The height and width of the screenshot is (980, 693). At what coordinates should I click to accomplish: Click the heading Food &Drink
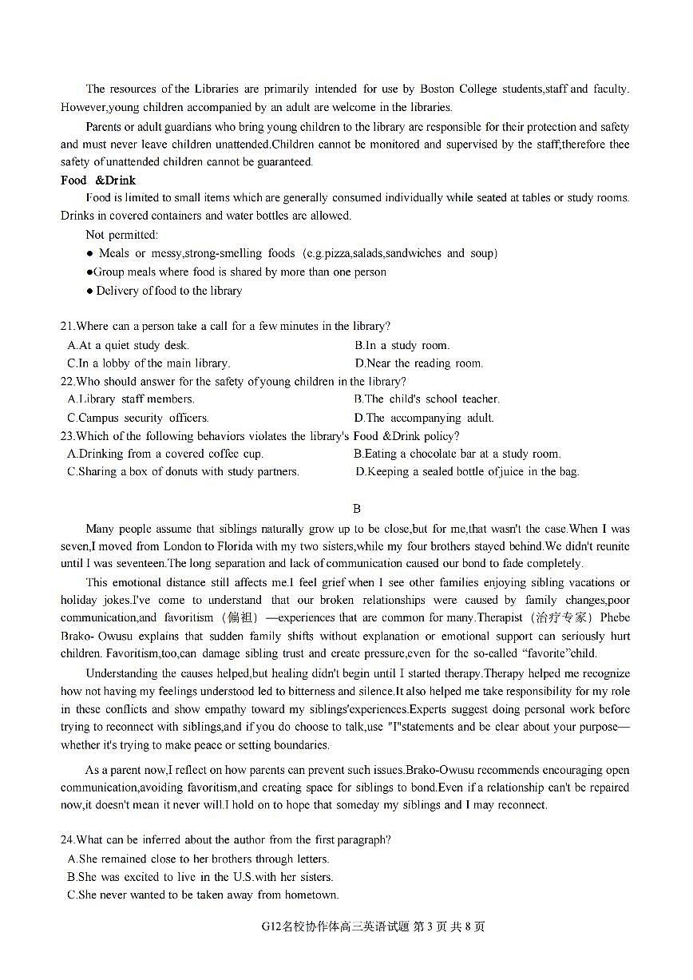(98, 181)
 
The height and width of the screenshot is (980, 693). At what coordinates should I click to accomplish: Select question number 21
(67, 327)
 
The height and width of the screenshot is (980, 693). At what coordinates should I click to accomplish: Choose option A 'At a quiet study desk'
(129, 346)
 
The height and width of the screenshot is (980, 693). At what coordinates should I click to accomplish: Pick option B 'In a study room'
(402, 346)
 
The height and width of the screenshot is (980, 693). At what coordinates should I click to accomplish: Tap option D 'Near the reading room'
(419, 363)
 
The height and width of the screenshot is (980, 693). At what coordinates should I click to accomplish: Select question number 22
(67, 382)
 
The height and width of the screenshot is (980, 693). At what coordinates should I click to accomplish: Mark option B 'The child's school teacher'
(427, 399)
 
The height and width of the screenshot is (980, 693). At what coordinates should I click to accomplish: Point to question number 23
(67, 436)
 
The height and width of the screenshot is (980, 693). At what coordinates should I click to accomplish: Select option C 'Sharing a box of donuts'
(184, 472)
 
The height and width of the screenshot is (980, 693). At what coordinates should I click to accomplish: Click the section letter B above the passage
(357, 509)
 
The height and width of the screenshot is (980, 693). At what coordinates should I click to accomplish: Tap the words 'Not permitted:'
(122, 235)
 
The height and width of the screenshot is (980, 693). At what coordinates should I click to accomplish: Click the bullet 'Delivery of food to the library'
(168, 291)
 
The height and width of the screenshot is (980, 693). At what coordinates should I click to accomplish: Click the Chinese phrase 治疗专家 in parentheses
(560, 618)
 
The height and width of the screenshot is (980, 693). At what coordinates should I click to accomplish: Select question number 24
(67, 840)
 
